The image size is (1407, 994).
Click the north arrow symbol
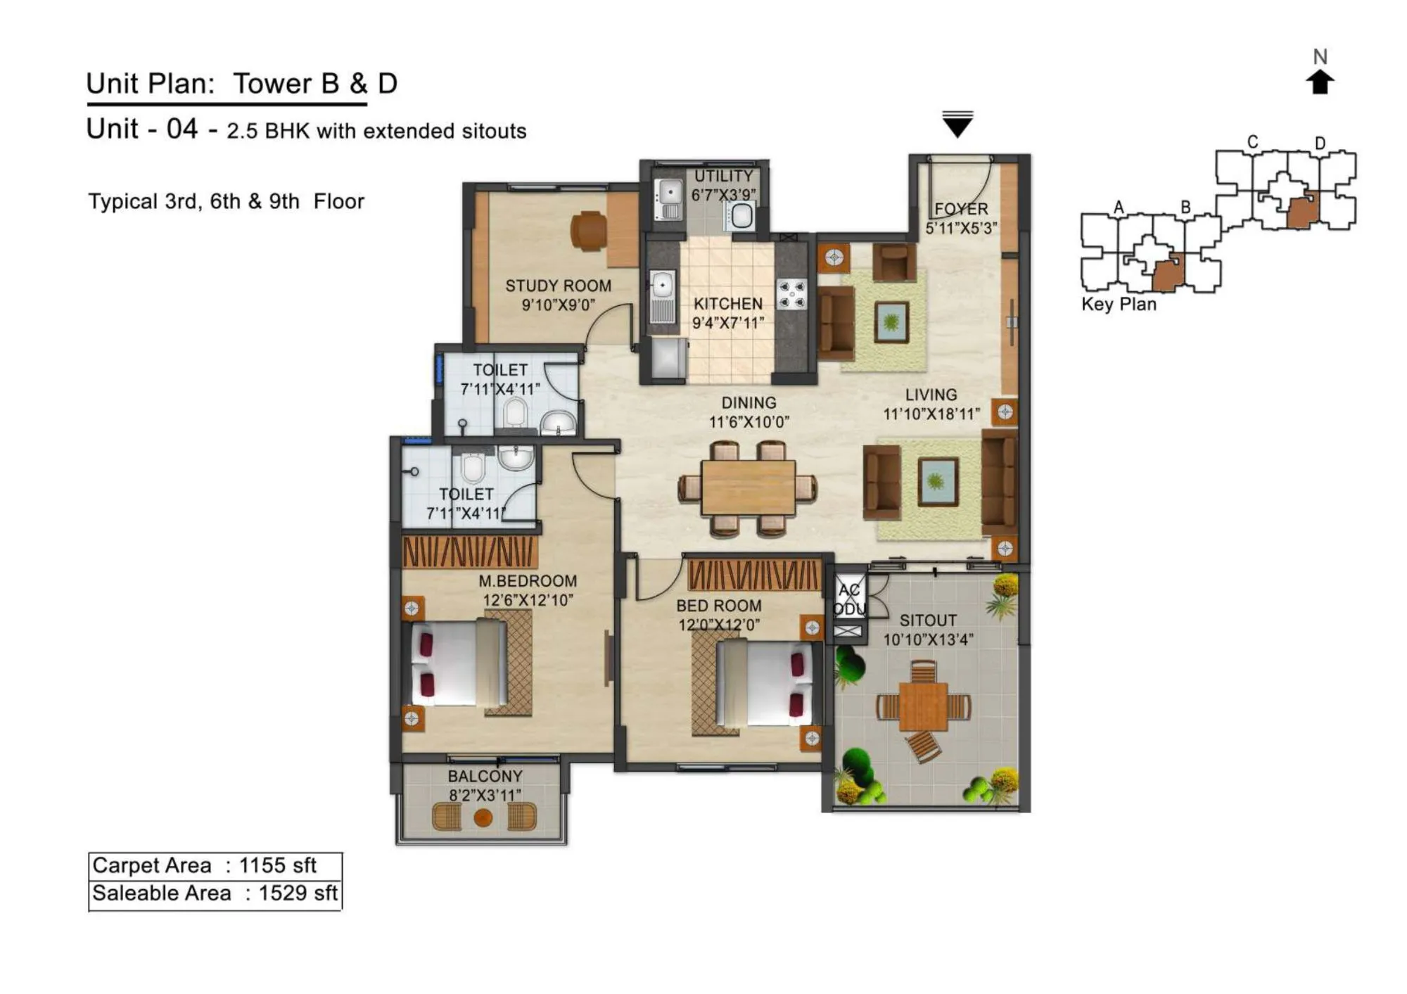1320,82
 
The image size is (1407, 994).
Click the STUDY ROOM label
558,286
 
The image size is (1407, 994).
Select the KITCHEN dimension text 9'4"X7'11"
728,323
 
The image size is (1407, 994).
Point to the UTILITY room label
723,176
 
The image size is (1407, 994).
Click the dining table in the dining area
748,487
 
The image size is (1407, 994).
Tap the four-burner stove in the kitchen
791,294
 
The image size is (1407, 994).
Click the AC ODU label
849,599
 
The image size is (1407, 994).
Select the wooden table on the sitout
924,706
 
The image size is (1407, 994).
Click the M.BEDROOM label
528,581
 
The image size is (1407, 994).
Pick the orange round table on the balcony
483,817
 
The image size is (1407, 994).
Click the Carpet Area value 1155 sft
278,865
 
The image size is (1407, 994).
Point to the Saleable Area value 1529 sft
298,893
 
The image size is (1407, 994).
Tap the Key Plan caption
1119,304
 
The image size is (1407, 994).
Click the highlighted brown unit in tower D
1302,211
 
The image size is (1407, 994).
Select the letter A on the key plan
1119,207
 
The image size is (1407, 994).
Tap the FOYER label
961,209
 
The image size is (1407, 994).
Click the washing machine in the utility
741,216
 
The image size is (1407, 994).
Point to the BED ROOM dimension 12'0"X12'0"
719,625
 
